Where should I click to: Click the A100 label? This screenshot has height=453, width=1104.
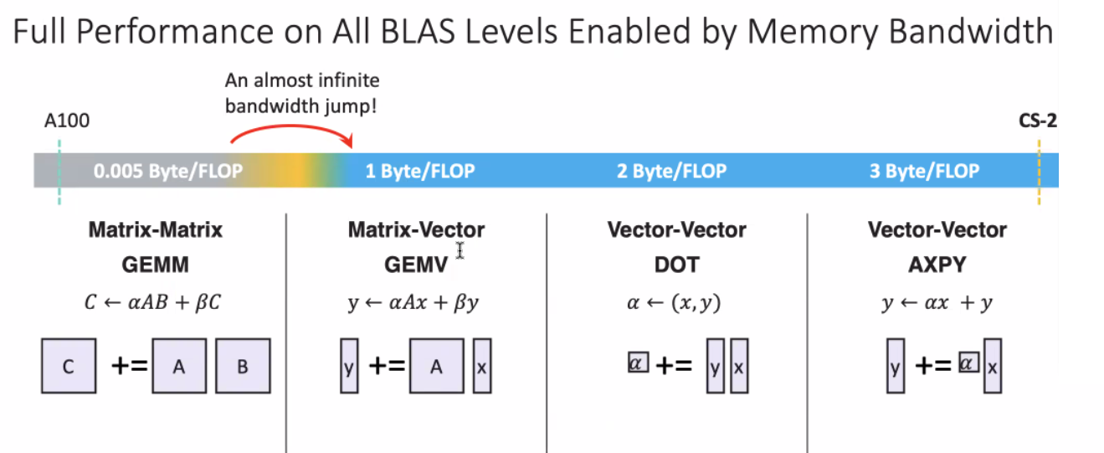(67, 121)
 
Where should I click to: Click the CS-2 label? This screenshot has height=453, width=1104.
(1038, 121)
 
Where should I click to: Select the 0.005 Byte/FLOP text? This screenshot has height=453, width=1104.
(168, 171)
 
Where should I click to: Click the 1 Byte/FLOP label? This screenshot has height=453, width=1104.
(420, 171)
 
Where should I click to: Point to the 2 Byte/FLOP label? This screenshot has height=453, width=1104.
(672, 171)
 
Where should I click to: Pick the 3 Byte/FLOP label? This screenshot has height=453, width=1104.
(924, 171)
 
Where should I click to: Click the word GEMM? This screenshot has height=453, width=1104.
(155, 265)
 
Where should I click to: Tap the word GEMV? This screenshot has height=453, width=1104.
(416, 265)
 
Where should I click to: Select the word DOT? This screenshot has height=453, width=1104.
(676, 265)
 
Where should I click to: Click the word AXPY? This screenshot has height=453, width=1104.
(937, 265)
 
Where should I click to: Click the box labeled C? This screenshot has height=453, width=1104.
(69, 366)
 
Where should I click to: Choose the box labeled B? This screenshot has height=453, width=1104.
(243, 366)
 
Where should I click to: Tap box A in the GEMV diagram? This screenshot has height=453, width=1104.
(437, 366)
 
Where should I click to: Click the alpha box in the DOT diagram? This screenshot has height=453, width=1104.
(638, 363)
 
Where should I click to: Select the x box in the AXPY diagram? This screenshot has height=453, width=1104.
(993, 366)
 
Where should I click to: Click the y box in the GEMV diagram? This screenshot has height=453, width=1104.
(349, 366)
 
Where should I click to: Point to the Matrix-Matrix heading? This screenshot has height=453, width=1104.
(155, 229)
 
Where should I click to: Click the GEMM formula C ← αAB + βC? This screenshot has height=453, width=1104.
(153, 302)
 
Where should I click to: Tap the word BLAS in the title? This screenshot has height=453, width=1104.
(418, 32)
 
